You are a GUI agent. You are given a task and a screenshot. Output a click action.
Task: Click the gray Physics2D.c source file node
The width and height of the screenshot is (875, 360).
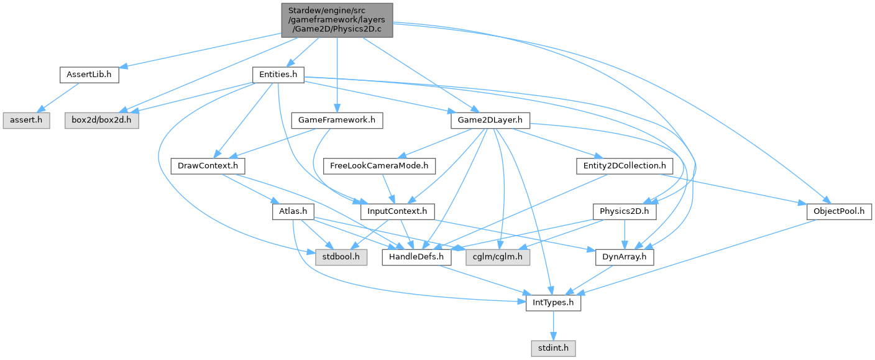pyautogui.click(x=337, y=19)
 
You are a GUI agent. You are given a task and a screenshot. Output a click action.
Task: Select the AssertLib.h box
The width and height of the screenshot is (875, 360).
pyautogui.click(x=89, y=75)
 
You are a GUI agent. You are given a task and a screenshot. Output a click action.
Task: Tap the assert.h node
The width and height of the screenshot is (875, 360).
pyautogui.click(x=25, y=119)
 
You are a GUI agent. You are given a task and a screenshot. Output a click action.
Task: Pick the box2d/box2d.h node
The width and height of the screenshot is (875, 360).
pyautogui.click(x=102, y=119)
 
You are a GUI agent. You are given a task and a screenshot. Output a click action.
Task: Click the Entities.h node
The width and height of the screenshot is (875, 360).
pyautogui.click(x=278, y=75)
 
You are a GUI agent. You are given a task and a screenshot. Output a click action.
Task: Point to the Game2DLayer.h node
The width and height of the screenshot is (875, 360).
pyautogui.click(x=489, y=119)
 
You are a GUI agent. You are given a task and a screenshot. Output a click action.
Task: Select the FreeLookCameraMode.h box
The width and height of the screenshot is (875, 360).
pyautogui.click(x=383, y=166)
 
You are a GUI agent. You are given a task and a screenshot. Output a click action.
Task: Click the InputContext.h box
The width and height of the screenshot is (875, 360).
pyautogui.click(x=398, y=211)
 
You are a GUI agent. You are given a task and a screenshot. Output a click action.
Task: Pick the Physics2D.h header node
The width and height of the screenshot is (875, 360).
pyautogui.click(x=625, y=211)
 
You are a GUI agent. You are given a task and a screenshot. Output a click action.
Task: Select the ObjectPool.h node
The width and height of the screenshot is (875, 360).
pyautogui.click(x=839, y=211)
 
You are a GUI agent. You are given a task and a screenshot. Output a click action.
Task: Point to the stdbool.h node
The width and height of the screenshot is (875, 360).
pyautogui.click(x=339, y=257)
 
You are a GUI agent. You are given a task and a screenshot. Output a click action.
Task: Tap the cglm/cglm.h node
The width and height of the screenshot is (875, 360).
pyautogui.click(x=497, y=257)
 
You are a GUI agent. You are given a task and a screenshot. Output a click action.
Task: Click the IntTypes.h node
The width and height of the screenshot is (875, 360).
pyautogui.click(x=553, y=303)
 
